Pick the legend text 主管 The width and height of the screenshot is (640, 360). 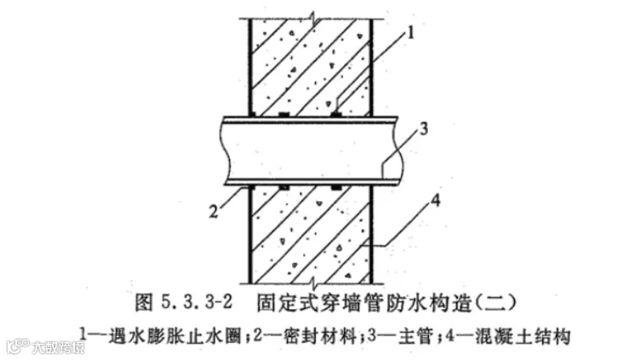click(400, 329)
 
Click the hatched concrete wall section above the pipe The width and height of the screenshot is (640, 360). click(311, 64)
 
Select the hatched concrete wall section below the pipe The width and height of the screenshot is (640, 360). click(311, 234)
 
